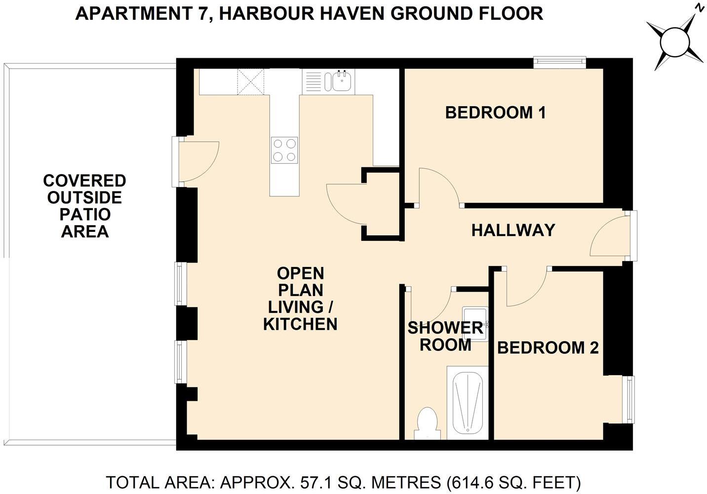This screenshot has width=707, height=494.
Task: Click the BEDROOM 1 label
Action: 495,113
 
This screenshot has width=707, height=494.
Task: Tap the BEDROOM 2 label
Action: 548,347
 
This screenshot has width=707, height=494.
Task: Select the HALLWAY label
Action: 513,230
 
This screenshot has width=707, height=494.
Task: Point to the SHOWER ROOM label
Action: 445,336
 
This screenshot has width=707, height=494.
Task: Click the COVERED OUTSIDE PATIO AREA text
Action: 84,206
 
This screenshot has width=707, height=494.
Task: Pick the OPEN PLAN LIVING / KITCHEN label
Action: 300,299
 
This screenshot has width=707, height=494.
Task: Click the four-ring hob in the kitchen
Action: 284,150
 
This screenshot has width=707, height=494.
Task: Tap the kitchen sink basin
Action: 342,81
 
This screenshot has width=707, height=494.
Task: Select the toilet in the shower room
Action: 427,423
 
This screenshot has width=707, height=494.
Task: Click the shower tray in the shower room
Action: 468,403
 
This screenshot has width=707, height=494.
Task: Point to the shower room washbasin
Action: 475,324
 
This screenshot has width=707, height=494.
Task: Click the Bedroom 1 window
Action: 559,63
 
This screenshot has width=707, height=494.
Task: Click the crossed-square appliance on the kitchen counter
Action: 251,82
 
